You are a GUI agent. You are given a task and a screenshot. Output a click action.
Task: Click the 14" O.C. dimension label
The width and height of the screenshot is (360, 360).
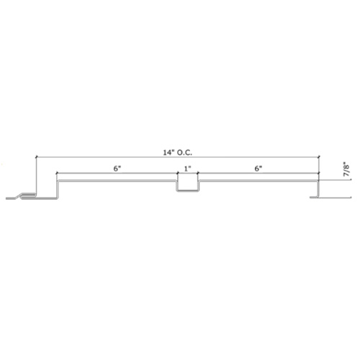[x=178, y=153]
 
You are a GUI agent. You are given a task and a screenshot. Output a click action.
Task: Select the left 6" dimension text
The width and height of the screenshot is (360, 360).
[x=117, y=168]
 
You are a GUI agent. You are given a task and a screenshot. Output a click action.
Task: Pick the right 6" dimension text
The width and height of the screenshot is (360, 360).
[x=258, y=168]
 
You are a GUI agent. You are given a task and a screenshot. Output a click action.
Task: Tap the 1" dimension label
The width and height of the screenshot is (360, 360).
[x=187, y=168]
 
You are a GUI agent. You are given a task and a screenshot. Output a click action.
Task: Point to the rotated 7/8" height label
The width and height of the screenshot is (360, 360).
[x=346, y=170]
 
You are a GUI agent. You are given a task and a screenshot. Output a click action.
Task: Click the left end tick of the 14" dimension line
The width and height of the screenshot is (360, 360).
[x=36, y=157]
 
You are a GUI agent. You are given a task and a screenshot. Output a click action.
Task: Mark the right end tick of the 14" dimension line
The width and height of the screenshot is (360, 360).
[x=319, y=157]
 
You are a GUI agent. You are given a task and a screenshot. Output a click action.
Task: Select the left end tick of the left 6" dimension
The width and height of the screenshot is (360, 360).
[x=57, y=173]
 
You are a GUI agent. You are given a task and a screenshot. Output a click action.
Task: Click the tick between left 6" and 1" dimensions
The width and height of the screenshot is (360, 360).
[x=177, y=173]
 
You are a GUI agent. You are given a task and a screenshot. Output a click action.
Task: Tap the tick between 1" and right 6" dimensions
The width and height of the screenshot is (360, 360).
[x=197, y=173]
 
